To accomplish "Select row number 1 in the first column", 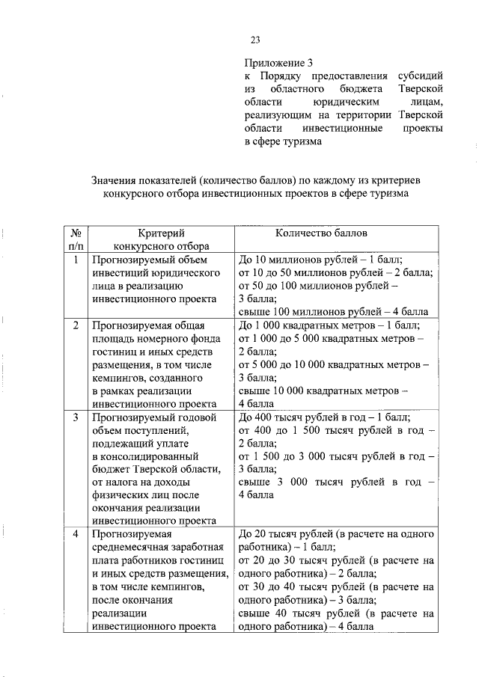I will (76, 260).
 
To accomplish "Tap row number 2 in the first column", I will (76, 325).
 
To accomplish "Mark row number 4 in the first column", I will (76, 534).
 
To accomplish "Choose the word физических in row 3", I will (120, 494).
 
